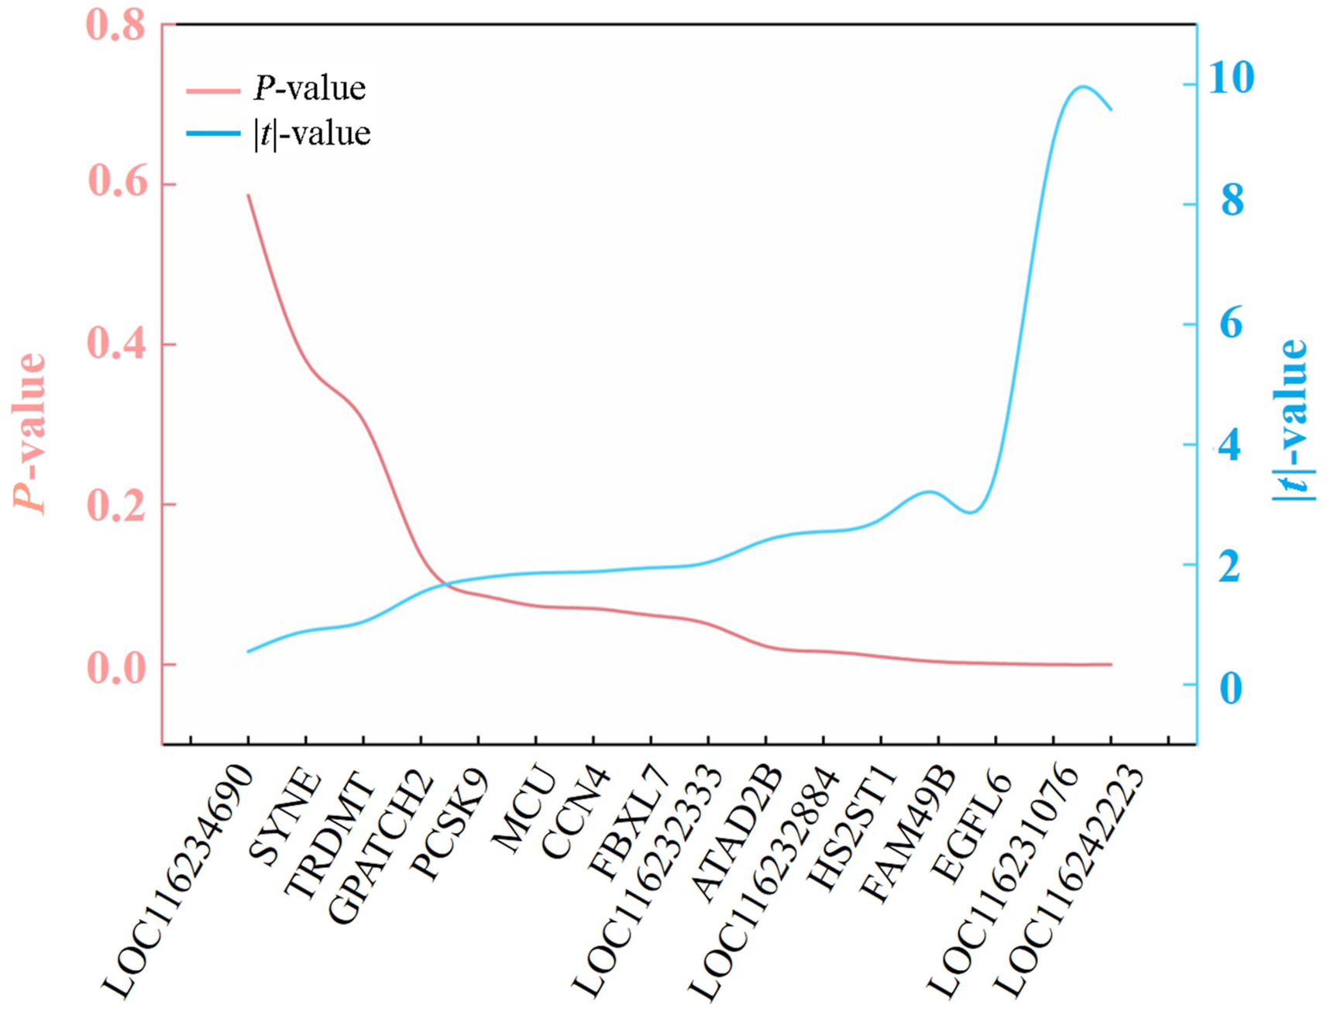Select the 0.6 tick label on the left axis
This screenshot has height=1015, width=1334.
coord(117,184)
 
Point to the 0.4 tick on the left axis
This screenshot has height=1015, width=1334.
coord(117,344)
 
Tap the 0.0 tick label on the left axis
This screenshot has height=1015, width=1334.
coord(117,667)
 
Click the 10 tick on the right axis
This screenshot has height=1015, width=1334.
coord(1231,78)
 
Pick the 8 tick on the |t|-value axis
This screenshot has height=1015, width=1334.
coord(1232,201)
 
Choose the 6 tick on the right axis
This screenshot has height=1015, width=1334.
coord(1231,323)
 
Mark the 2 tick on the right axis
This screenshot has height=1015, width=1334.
coord(1230,566)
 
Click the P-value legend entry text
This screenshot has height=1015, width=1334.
coord(310,88)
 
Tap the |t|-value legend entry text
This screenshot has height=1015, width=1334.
coord(312,133)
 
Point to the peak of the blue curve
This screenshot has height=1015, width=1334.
coord(1082,87)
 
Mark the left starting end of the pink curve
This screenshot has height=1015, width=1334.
coord(248,195)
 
